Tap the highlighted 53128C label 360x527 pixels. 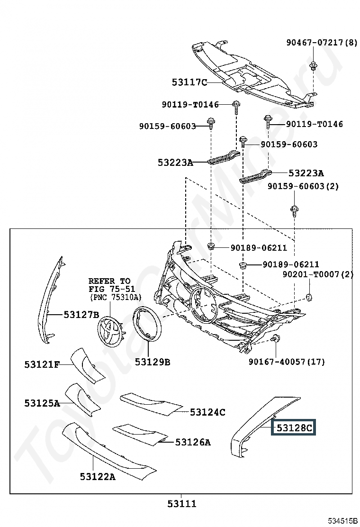pos(294,428)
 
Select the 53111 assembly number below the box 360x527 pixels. pos(181,504)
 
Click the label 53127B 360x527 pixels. pos(81,314)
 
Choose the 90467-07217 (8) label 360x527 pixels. pos(322,43)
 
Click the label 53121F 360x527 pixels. pos(42,364)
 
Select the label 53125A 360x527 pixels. pos(42,403)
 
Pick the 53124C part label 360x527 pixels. pos(207,412)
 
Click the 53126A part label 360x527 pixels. pos(193,442)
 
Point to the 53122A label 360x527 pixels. pos(98,477)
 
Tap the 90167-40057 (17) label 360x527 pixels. pos(287,362)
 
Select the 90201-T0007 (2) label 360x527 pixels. pos(318,274)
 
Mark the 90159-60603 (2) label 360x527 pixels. pos(303,186)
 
